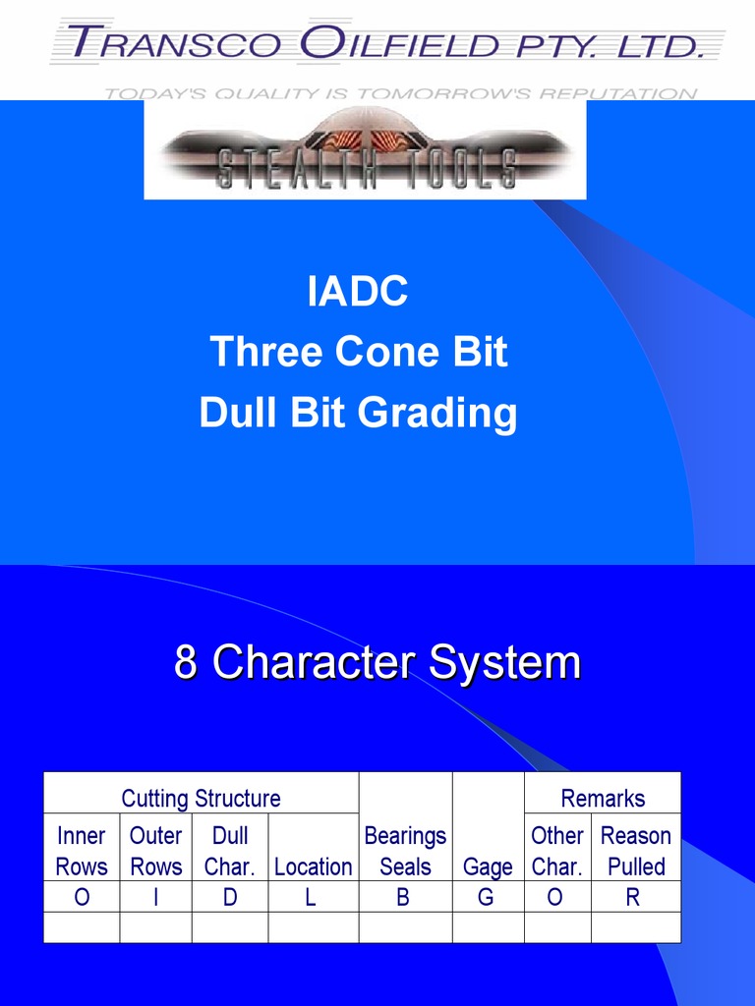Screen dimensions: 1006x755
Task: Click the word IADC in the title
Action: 357,293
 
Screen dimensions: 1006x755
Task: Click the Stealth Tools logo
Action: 365,150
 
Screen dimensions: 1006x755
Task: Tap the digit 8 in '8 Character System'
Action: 186,662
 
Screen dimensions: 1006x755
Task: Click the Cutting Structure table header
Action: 201,798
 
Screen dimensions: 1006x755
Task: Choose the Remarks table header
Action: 602,798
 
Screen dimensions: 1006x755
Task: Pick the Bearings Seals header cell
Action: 405,851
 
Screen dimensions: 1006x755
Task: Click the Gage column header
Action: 488,866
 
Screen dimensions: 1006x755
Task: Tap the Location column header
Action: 313,866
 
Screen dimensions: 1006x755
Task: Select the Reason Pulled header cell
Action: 635,851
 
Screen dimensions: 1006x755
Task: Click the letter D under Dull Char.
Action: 230,897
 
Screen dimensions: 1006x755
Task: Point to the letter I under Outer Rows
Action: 155,897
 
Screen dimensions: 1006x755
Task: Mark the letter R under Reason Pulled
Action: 633,897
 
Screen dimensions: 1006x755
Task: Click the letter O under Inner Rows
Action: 82,897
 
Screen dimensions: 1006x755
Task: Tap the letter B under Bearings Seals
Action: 403,897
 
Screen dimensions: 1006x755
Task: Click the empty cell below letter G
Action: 488,927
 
